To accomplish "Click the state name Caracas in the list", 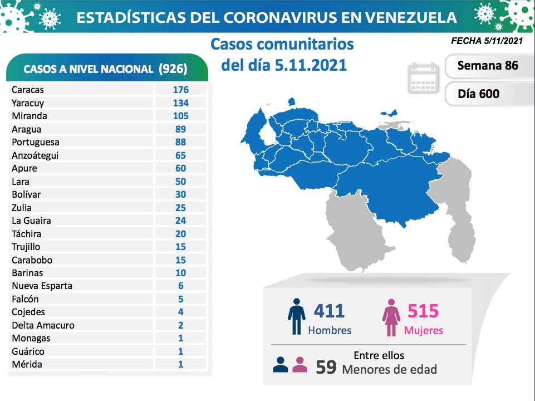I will [28, 90].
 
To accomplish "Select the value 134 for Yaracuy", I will [180, 103].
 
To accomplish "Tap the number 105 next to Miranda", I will [180, 116].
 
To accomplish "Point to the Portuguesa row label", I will [35, 142].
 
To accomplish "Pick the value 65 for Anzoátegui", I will [180, 155].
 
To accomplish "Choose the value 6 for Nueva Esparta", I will [180, 286].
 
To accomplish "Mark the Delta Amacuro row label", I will [43, 325].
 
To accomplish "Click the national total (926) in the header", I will [173, 69].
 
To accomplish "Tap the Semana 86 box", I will [487, 66].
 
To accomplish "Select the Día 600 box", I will [479, 94].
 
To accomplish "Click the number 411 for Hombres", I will [329, 311].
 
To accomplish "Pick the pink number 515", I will [423, 311].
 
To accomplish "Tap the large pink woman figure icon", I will [391, 317].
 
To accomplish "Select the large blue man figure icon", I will [296, 317].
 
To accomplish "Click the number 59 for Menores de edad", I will [326, 368].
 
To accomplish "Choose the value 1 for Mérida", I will [180, 364].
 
